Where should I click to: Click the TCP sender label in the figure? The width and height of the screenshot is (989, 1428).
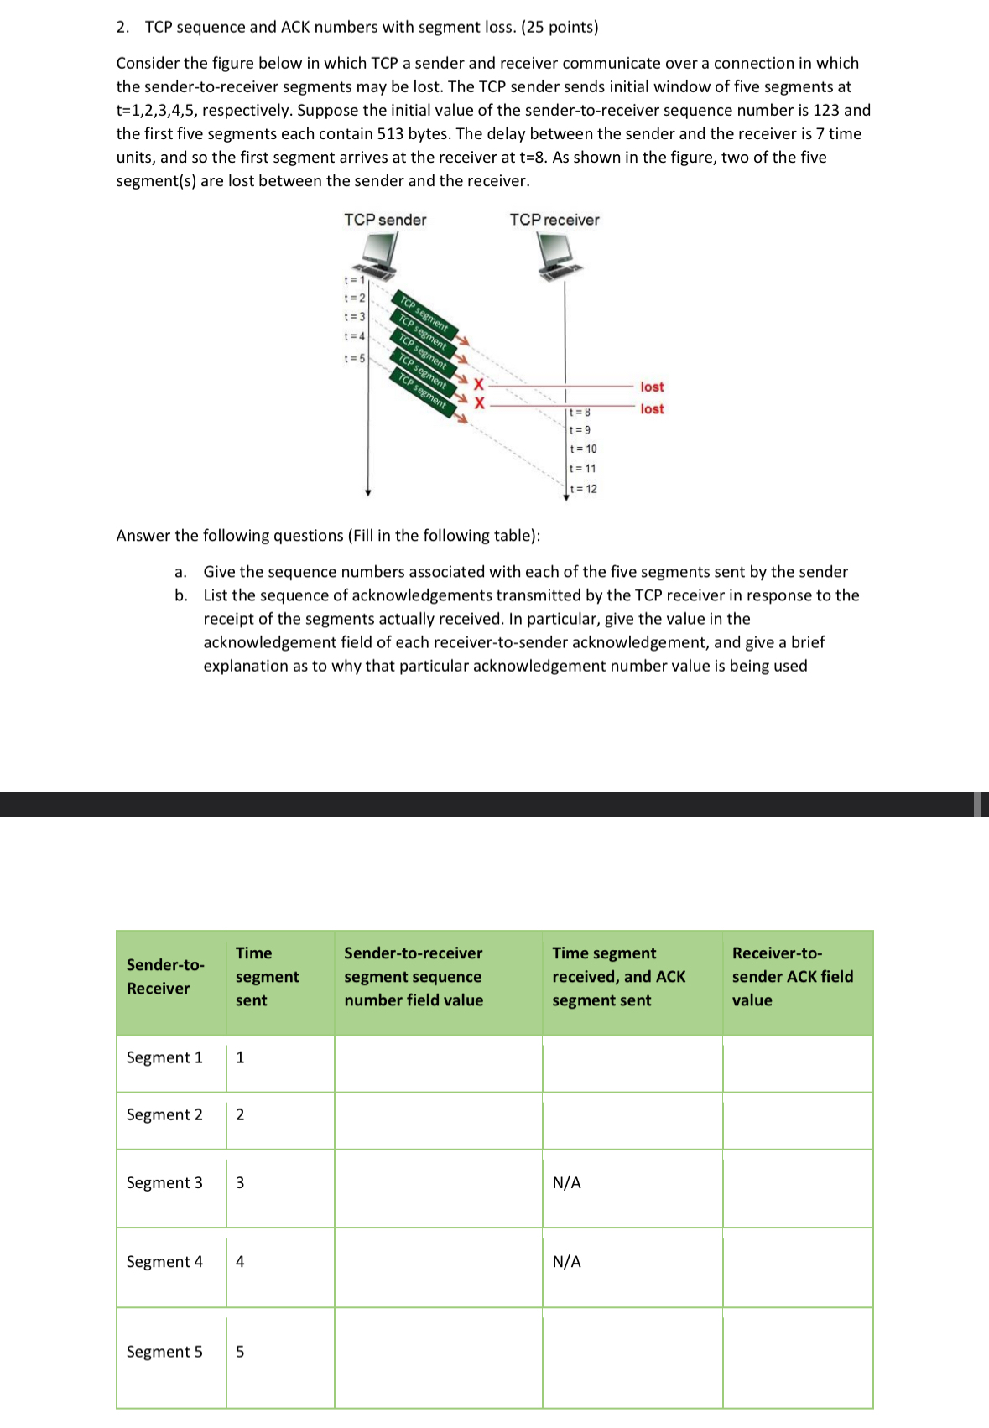pyautogui.click(x=385, y=220)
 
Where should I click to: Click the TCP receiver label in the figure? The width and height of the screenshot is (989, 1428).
pyautogui.click(x=554, y=220)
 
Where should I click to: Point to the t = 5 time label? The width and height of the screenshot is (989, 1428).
pyautogui.click(x=354, y=358)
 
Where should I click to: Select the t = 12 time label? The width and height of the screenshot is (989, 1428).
pyautogui.click(x=584, y=489)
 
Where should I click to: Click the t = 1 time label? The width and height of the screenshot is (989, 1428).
pyautogui.click(x=354, y=279)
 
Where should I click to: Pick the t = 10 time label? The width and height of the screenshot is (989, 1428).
pyautogui.click(x=584, y=449)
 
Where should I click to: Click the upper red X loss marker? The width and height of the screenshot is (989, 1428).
pyautogui.click(x=480, y=385)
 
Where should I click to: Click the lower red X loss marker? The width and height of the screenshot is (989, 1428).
pyautogui.click(x=480, y=403)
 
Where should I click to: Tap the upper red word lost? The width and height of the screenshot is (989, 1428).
pyautogui.click(x=652, y=387)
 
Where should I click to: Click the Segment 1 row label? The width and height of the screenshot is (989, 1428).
pyautogui.click(x=164, y=1057)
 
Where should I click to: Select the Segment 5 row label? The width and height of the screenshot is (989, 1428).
pyautogui.click(x=164, y=1352)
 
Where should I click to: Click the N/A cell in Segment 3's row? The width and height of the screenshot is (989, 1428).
pyautogui.click(x=567, y=1183)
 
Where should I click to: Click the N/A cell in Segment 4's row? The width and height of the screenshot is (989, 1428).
pyautogui.click(x=567, y=1262)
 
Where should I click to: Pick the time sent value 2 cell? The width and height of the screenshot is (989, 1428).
pyautogui.click(x=241, y=1114)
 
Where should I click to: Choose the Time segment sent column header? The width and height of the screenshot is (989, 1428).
pyautogui.click(x=267, y=977)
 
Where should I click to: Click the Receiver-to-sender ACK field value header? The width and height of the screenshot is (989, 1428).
pyautogui.click(x=792, y=977)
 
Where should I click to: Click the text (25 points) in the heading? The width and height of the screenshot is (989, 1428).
pyautogui.click(x=560, y=27)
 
